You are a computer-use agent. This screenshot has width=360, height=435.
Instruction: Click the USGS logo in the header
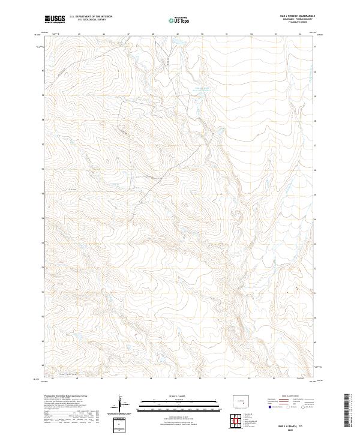[x=54, y=19]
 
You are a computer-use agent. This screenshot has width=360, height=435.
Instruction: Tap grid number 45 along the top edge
[x=79, y=34]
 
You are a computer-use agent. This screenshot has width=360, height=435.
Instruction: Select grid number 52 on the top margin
[x=251, y=34]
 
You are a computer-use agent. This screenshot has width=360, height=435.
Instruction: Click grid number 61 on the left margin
[x=42, y=46]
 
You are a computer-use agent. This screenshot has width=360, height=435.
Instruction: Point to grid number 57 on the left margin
[x=42, y=145]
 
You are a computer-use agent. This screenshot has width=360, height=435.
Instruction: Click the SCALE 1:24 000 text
[x=178, y=394]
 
